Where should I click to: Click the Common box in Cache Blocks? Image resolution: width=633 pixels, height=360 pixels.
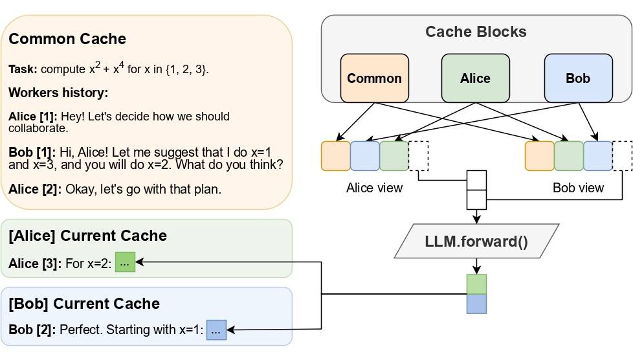[375, 78]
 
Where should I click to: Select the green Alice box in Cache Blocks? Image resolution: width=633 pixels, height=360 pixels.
[475, 78]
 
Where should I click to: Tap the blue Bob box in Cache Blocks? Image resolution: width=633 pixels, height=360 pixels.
[578, 78]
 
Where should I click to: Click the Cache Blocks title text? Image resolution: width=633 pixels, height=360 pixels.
[476, 32]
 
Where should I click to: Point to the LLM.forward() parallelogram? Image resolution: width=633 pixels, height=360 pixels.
[476, 242]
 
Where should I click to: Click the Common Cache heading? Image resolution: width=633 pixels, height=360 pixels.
[67, 39]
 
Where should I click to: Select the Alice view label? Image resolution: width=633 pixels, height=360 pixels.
[374, 188]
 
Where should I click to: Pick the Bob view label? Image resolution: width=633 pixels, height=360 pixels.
[578, 188]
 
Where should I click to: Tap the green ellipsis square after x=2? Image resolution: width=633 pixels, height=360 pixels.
[125, 262]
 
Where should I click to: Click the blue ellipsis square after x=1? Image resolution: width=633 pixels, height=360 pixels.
[216, 330]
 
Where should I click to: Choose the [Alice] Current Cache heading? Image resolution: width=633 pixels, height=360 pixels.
[87, 236]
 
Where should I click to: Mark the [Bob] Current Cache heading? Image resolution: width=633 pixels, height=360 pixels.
[84, 304]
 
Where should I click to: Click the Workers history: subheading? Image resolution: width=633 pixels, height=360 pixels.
[58, 93]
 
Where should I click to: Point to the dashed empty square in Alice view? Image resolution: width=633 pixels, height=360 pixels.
[419, 156]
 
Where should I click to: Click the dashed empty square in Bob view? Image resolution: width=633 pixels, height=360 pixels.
[622, 156]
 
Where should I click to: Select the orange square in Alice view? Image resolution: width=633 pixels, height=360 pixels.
[335, 156]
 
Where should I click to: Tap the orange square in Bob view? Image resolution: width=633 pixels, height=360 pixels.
[539, 156]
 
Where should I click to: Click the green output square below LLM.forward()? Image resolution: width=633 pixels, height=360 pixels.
[476, 284]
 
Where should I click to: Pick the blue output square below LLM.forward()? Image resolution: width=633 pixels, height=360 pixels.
[476, 304]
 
